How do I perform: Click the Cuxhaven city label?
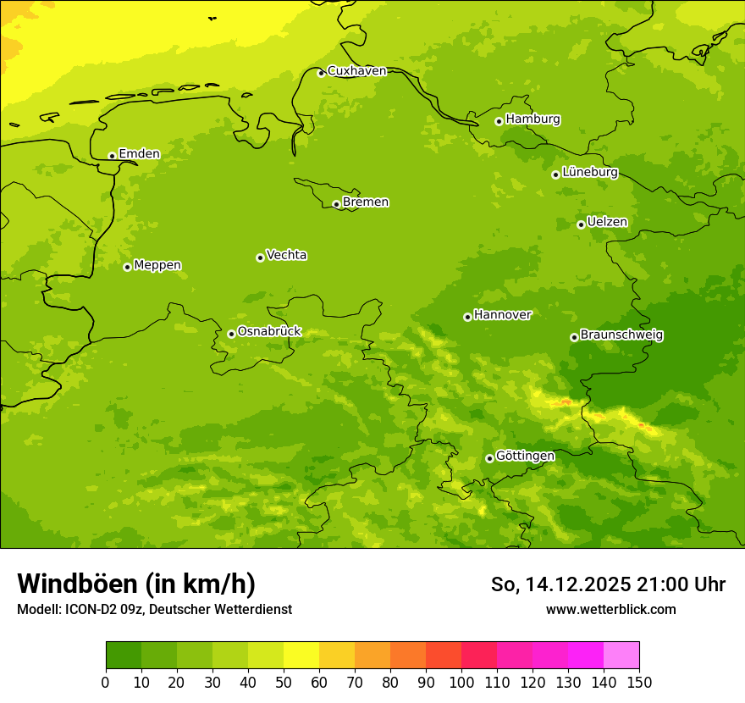(x=356, y=71)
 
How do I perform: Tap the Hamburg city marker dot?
(x=499, y=121)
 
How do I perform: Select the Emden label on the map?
(x=139, y=154)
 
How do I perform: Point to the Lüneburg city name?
(x=589, y=173)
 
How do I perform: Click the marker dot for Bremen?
(x=336, y=204)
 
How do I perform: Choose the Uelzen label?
(x=607, y=223)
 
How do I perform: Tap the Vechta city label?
(x=286, y=255)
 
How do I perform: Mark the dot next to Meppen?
(x=127, y=267)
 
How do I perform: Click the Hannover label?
(x=502, y=315)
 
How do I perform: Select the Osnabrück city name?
(x=269, y=332)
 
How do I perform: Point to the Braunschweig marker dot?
(x=574, y=337)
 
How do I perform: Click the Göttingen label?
(x=525, y=457)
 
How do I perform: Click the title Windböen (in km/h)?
(x=136, y=584)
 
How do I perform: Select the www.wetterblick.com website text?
(x=610, y=610)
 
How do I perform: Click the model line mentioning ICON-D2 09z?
(x=154, y=610)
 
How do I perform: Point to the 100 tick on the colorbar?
(x=461, y=682)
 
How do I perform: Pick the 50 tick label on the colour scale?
(x=284, y=682)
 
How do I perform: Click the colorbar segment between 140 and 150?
(x=621, y=656)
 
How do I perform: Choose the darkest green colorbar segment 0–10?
(x=124, y=656)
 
